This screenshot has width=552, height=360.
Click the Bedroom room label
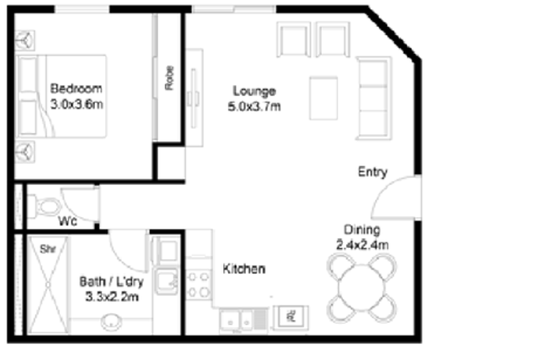point(76,88)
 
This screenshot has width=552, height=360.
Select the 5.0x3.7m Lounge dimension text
point(254,106)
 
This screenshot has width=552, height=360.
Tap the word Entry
point(372,172)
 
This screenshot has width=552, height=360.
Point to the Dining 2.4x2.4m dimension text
point(362,245)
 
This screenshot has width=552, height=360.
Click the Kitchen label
point(244,269)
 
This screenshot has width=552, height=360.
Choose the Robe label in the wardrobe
point(170,78)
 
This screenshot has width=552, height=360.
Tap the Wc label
point(68,221)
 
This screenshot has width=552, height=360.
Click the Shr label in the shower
point(48,249)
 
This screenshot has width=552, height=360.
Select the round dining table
point(361,288)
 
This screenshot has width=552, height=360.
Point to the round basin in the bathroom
point(111,321)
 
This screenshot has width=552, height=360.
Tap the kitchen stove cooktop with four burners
point(199,284)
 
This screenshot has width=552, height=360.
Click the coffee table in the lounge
point(324,99)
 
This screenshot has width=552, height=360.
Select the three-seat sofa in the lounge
point(374,98)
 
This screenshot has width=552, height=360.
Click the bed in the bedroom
point(62,96)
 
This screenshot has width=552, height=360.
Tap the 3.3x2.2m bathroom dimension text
point(112,297)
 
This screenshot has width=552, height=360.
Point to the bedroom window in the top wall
point(82,9)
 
